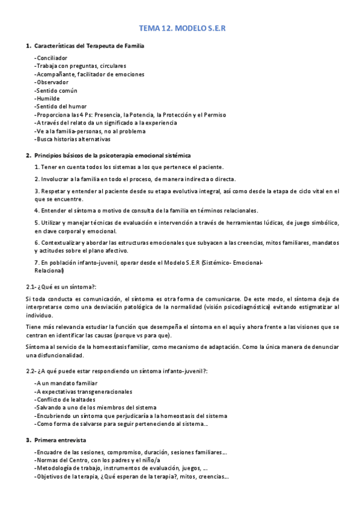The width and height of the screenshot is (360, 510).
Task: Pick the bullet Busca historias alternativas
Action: [x=72, y=139]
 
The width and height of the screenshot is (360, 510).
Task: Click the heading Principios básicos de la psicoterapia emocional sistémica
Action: [x=112, y=155]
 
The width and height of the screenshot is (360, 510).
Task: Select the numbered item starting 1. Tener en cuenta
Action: [x=129, y=167]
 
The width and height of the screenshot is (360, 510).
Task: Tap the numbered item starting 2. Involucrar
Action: [x=135, y=179]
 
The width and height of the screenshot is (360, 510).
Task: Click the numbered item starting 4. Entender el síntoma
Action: [x=146, y=210]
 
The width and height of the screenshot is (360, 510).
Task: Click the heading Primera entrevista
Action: [x=60, y=440]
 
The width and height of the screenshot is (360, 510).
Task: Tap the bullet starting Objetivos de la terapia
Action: [x=130, y=476]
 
